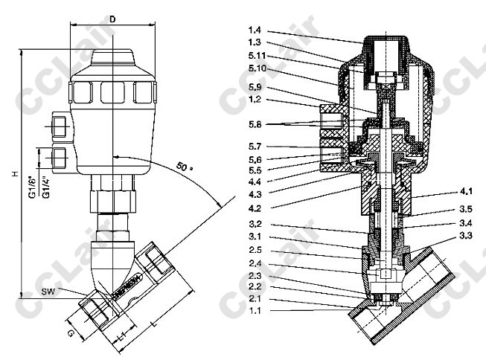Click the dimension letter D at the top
pos(112,18)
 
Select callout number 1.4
pos(255,30)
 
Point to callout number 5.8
pos(255,123)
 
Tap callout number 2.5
pos(255,249)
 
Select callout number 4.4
pos(255,181)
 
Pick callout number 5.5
pos(255,170)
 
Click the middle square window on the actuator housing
pos(112,92)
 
